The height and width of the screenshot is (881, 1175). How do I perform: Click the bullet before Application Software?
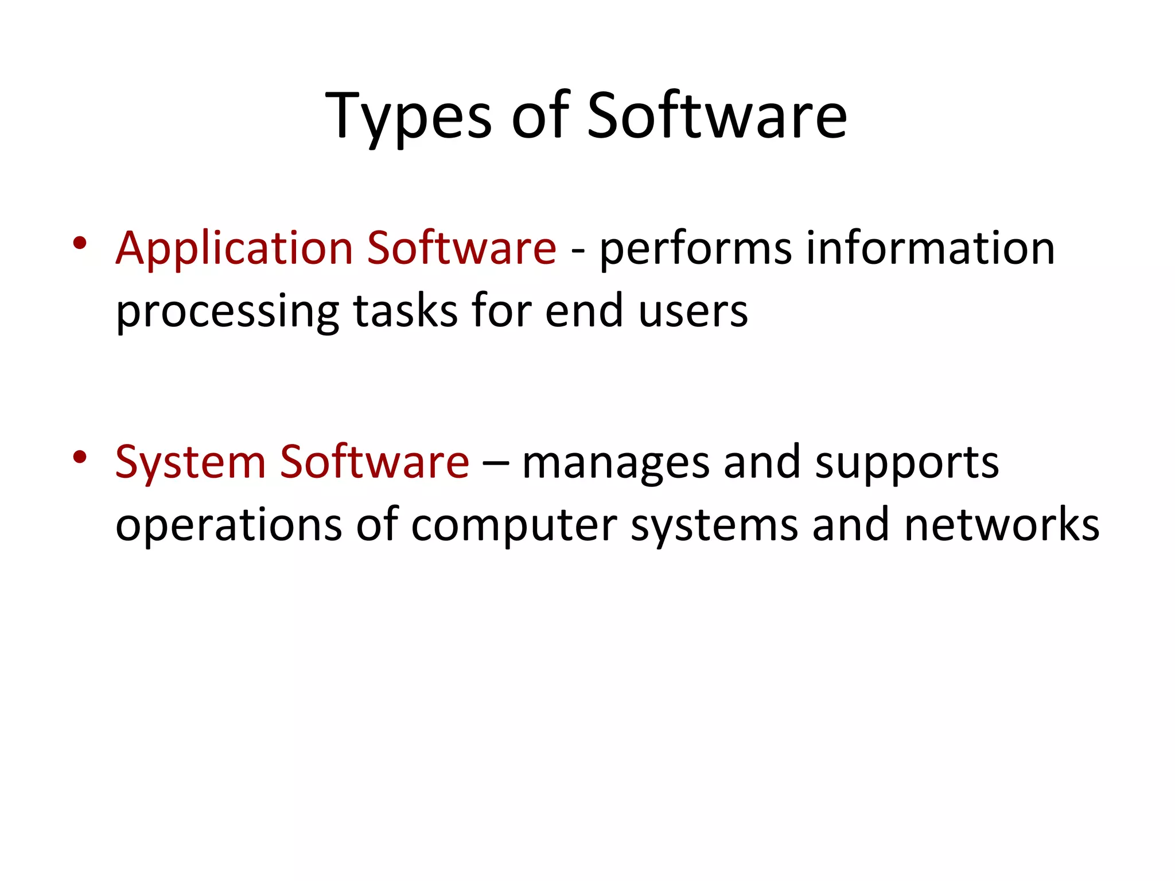[x=80, y=243]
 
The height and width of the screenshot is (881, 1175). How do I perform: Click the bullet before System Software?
[x=80, y=457]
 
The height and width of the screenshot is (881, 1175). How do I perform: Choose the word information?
[x=930, y=248]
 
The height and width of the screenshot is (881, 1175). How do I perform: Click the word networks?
[x=1002, y=524]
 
